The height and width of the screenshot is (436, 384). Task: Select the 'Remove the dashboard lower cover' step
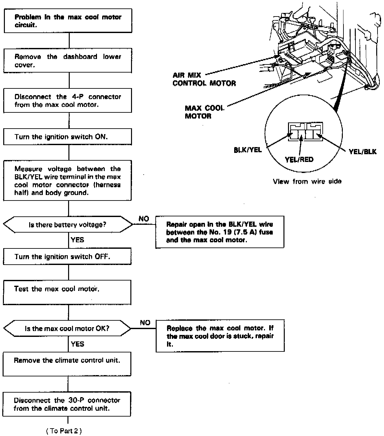(x=68, y=61)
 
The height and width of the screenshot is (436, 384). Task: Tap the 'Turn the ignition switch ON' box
(x=68, y=137)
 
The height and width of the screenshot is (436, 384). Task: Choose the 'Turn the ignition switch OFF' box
(x=67, y=257)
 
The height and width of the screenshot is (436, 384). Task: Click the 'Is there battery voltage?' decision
(x=67, y=224)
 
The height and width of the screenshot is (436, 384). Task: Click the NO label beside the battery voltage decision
(x=144, y=219)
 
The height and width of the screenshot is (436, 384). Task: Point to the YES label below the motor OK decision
(x=78, y=344)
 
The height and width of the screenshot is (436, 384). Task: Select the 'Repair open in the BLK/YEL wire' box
(x=220, y=232)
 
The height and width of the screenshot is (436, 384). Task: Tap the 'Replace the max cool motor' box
(x=220, y=336)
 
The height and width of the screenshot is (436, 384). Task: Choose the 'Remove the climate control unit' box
(x=67, y=364)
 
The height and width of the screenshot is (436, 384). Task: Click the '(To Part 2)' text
(x=64, y=431)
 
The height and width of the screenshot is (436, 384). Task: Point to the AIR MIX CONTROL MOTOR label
(x=204, y=79)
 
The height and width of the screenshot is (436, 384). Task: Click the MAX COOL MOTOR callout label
(x=204, y=112)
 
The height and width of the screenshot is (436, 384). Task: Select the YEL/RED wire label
(x=299, y=159)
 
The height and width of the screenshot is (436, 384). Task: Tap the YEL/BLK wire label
(x=363, y=152)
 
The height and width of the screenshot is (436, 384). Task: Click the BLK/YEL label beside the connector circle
(x=247, y=150)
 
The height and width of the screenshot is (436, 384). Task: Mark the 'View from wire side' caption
(x=307, y=181)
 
